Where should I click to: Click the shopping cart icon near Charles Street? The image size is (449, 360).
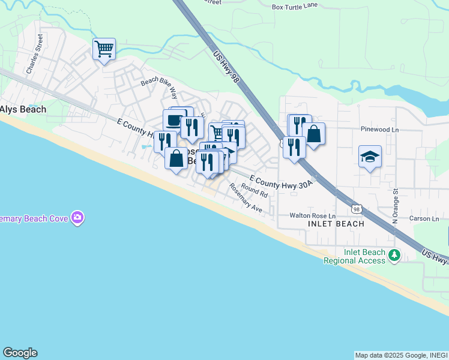(104, 49)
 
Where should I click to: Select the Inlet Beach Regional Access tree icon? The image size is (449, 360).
(394, 255)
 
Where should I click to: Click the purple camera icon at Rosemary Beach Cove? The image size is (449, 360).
(77, 218)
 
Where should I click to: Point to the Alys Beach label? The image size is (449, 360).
(23, 109)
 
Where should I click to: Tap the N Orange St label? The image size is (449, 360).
(396, 208)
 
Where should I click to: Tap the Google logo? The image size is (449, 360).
(20, 353)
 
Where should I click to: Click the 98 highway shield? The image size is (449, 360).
(357, 209)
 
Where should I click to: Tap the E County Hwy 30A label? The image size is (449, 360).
(281, 182)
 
